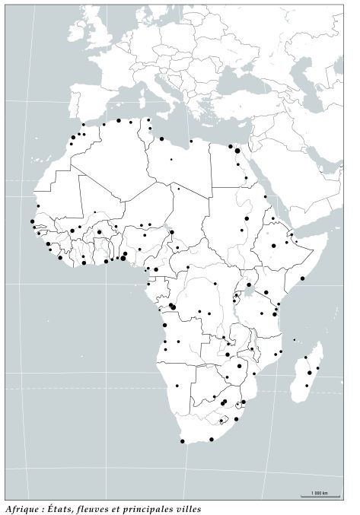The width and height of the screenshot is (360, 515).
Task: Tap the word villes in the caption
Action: coord(186,508)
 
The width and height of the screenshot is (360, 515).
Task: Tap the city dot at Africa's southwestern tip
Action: coord(183,441)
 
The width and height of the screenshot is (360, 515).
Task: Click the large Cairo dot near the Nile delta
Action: coord(237,151)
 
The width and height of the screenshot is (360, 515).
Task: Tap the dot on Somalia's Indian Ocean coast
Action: coord(302,278)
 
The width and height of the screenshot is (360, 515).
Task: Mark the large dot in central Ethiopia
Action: coord(274,246)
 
